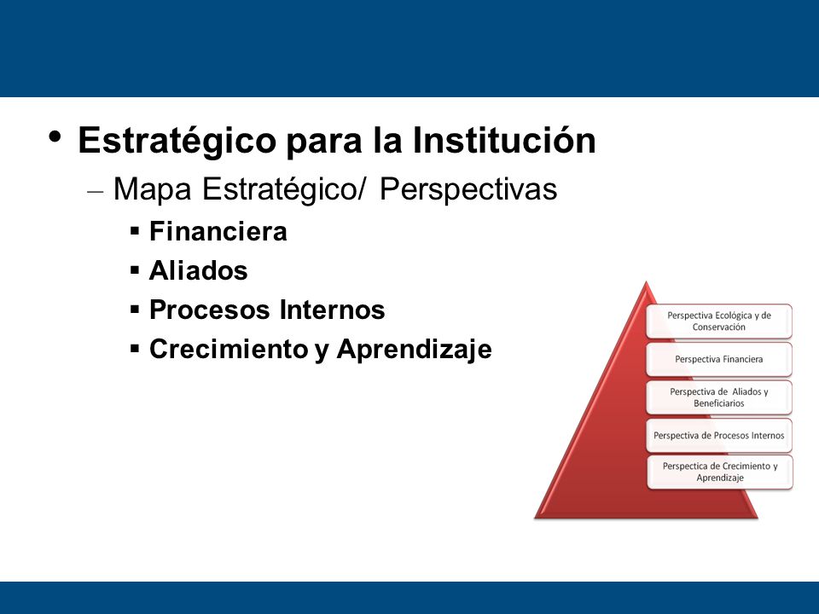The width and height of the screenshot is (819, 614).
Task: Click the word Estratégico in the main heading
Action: pos(177,141)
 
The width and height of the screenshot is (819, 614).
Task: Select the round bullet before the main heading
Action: pos(55,137)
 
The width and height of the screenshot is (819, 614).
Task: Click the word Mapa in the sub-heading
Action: pos(153,189)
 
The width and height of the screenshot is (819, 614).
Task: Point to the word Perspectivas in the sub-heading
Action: pos(468,189)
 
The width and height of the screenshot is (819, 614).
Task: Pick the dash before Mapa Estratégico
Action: pos(95,192)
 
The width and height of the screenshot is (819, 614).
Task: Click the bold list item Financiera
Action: pos(218,231)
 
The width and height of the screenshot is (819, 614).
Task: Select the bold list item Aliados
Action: pos(199,270)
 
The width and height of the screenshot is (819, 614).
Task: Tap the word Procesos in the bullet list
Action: pos(209,310)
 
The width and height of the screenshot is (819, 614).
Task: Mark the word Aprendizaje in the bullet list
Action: pos(415,350)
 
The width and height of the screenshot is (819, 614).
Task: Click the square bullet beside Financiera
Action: pos(136,231)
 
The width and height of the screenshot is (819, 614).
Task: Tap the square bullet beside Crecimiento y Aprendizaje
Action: pos(136,348)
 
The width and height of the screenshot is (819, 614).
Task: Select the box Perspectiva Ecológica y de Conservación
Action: pos(719,321)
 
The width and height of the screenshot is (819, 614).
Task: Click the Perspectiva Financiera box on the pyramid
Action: pos(719,359)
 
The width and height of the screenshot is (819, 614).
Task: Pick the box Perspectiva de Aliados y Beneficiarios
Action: pos(719,397)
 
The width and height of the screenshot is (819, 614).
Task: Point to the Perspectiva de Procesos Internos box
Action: pos(719,436)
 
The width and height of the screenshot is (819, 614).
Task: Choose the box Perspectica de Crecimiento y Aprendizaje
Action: pos(720,472)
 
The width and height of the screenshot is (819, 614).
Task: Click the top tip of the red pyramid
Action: pos(646,282)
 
